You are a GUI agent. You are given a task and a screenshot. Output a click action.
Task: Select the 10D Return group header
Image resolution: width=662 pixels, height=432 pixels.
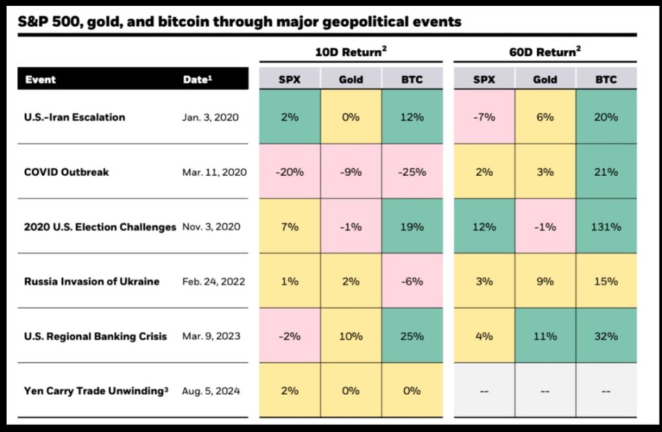coord(351,52)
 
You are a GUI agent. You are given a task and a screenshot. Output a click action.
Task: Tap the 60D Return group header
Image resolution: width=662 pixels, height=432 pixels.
coord(545,52)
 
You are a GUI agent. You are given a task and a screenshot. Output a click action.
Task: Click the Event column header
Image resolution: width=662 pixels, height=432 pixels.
coord(41,80)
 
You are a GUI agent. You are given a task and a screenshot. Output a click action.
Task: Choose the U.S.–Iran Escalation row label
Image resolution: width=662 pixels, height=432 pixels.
coord(74,117)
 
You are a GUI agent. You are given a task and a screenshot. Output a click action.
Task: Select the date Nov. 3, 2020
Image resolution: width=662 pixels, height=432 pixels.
coord(211,227)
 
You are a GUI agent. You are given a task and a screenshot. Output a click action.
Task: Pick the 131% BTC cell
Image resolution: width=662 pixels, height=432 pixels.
coord(606,227)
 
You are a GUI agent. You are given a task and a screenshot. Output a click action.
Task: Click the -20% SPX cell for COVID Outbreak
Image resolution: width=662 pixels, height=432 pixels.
coord(290,172)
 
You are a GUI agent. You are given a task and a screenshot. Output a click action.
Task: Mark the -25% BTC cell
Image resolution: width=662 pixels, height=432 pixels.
coord(412,172)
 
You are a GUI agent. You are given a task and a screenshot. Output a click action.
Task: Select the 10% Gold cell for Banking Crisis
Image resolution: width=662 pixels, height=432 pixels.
coord(351,336)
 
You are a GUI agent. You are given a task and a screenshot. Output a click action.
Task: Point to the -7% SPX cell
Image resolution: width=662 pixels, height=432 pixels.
coord(484,117)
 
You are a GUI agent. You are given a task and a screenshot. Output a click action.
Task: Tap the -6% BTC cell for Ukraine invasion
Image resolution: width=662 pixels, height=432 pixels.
coord(412,282)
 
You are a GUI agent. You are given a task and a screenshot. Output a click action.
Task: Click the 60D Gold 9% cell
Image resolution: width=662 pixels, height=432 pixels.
coord(545,282)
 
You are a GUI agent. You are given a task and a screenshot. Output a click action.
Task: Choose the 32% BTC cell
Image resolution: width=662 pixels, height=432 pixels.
coord(606,336)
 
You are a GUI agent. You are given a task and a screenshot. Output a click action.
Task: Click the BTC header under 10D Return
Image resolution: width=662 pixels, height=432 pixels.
coord(412,80)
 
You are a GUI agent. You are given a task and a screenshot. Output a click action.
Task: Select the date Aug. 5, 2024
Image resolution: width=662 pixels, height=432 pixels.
coord(211,391)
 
